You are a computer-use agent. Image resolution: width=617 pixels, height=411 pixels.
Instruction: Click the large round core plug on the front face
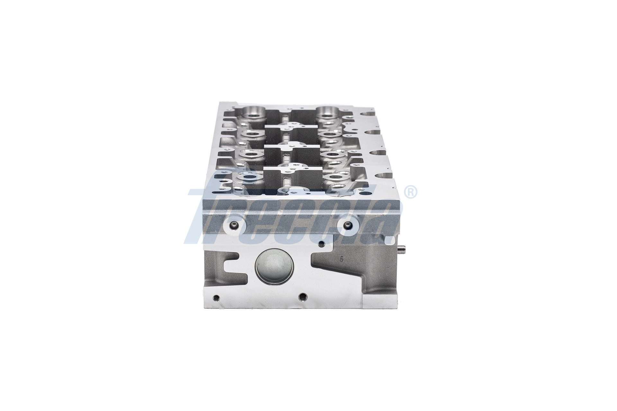[274, 266]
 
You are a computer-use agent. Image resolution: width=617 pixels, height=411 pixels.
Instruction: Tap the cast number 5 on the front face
[342, 259]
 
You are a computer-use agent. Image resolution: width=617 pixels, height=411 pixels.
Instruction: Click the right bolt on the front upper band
[347, 225]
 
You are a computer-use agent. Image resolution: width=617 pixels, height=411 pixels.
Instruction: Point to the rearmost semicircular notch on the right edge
[368, 113]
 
